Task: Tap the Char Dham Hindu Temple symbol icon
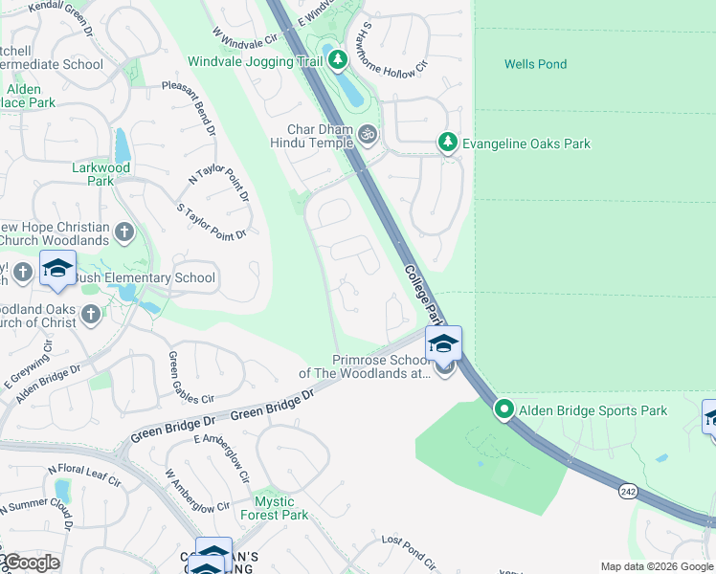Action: [368, 136]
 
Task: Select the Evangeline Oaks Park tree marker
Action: [447, 143]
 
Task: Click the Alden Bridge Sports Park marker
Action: [503, 409]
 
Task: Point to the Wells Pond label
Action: [535, 64]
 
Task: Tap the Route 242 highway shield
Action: [628, 491]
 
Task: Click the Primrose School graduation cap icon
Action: [443, 342]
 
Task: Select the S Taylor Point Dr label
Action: [212, 221]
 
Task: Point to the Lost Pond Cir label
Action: [409, 552]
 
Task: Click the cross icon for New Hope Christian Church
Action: [123, 232]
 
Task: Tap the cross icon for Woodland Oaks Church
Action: [90, 314]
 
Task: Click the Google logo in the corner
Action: [31, 563]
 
